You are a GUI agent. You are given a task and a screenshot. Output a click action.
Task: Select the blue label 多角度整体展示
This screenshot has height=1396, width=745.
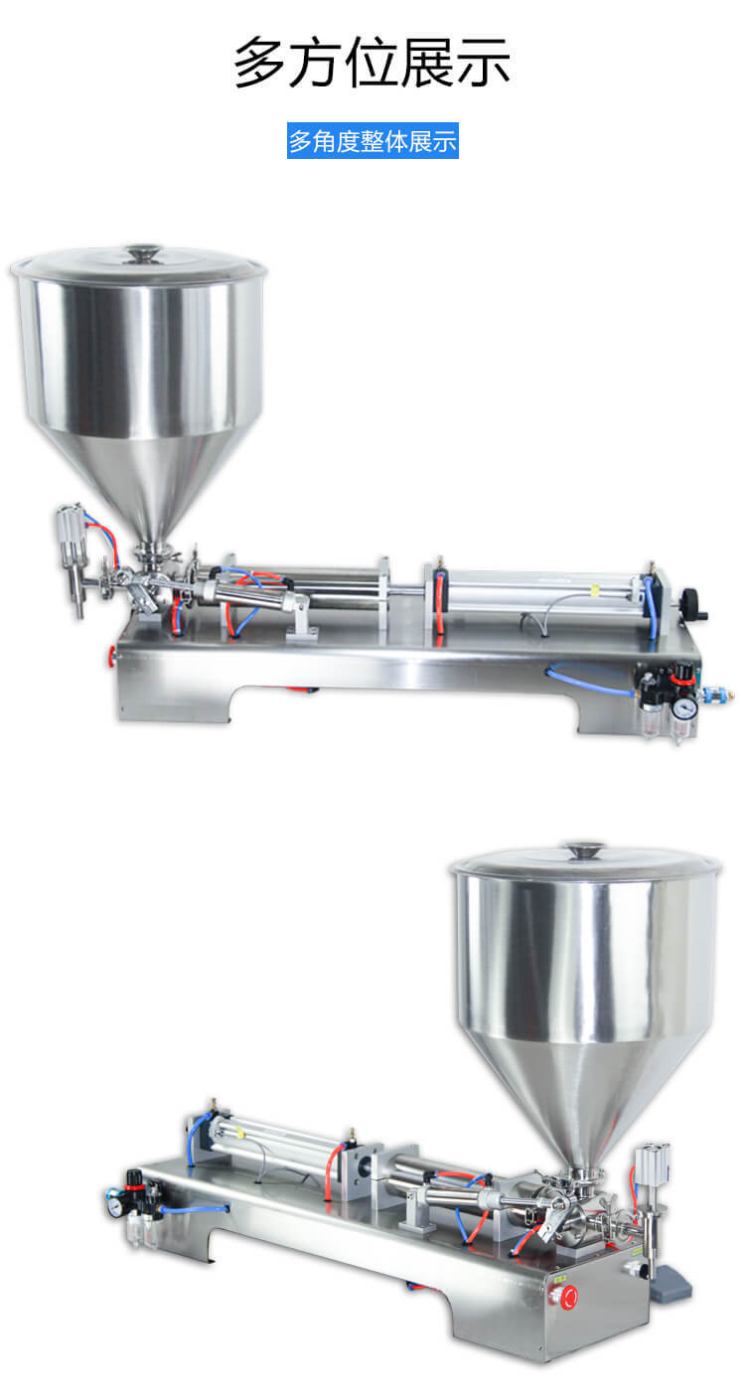click(x=372, y=141)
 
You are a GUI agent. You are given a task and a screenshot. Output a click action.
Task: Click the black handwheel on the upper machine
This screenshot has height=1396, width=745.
click(x=692, y=603)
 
